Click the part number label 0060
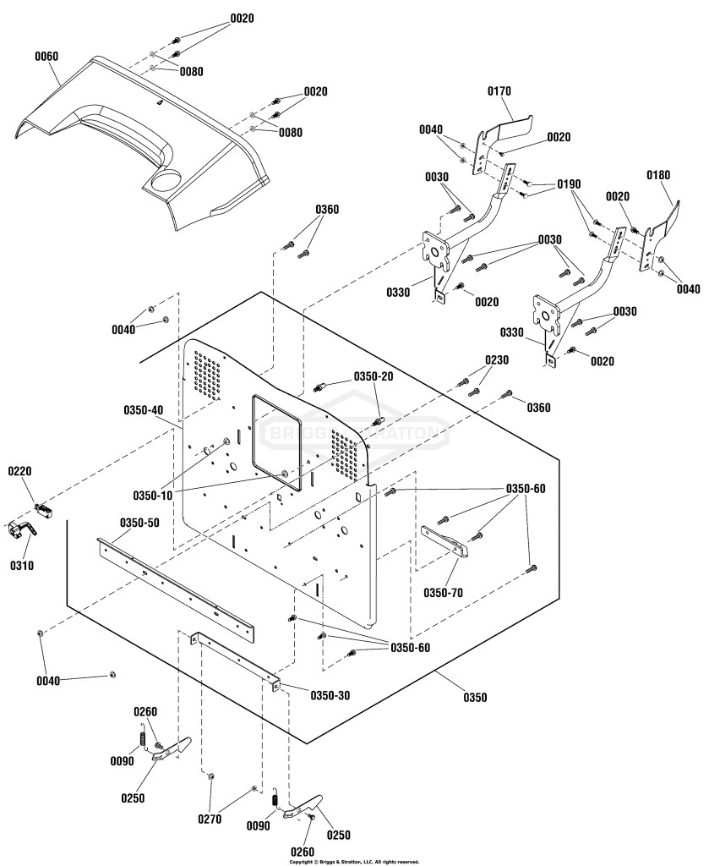coord(46,57)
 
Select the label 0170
coord(499,91)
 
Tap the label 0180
coord(658,175)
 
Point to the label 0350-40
coord(144,410)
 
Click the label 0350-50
coord(140,523)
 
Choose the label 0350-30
coord(330,695)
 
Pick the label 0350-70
coord(443,593)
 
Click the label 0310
coord(21,566)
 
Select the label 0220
coord(19,471)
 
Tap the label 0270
coord(210,819)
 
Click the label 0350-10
coord(153,495)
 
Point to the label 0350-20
coord(374,376)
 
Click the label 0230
coord(497,360)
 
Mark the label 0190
coord(569,184)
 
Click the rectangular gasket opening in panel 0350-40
coord(275,441)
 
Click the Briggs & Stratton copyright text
coord(354,862)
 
